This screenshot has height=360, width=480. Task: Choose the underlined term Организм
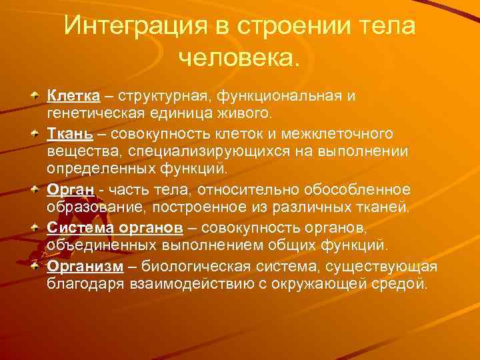click(85, 267)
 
